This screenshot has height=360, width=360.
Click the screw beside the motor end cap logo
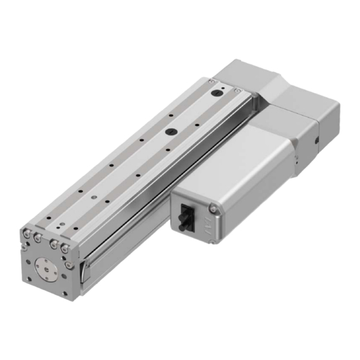213,206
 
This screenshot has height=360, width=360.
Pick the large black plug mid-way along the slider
171,131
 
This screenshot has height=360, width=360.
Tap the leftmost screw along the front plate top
28,232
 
